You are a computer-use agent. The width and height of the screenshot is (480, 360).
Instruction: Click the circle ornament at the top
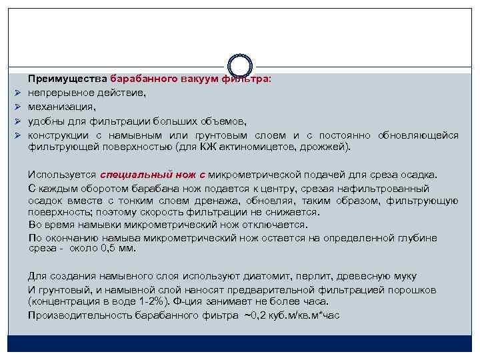[x=239, y=65]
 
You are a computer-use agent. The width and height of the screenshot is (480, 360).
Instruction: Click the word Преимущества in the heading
[x=67, y=79]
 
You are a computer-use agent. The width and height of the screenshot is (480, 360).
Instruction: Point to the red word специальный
[x=139, y=175]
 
